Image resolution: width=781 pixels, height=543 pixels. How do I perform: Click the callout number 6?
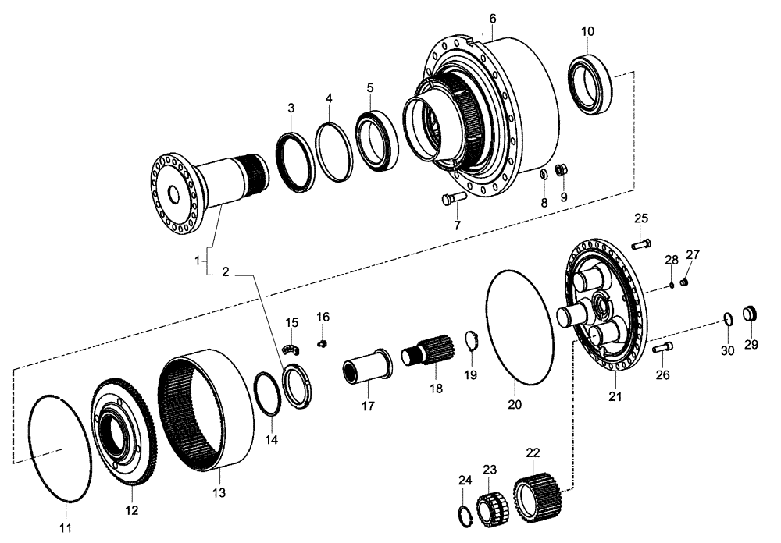click(x=492, y=18)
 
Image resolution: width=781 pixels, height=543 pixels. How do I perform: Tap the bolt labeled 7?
click(x=452, y=200)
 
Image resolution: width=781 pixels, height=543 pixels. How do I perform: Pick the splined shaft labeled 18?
click(x=429, y=350)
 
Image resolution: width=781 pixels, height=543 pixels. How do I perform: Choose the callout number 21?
click(x=615, y=398)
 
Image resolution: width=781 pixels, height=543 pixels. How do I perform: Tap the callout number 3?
click(x=291, y=107)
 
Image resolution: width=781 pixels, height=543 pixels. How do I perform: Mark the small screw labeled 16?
click(x=322, y=342)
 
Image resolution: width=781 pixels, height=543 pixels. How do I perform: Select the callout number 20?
click(x=515, y=405)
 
